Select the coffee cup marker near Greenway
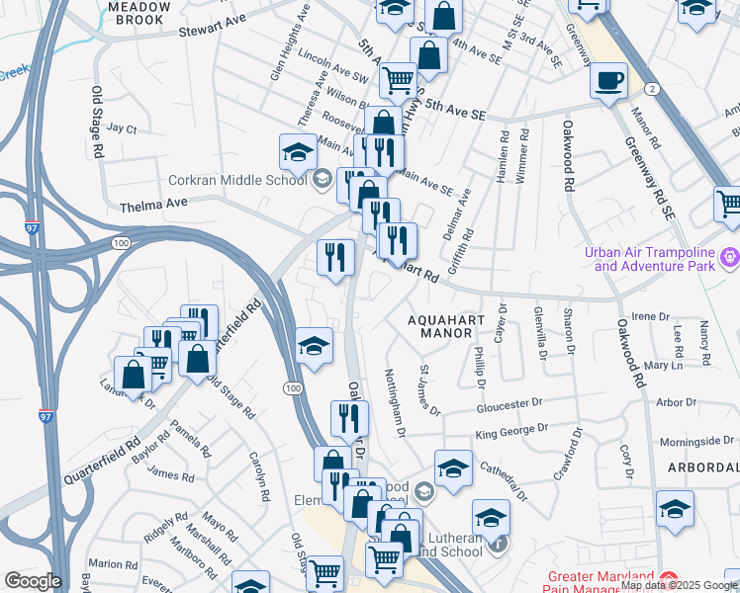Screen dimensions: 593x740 click(x=608, y=79)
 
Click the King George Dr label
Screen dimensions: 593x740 click(x=510, y=431)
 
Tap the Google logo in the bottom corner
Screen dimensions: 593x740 click(x=32, y=581)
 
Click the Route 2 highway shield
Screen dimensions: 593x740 click(x=652, y=89)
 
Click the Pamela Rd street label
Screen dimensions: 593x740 click(x=190, y=437)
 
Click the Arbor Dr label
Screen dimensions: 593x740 click(x=676, y=402)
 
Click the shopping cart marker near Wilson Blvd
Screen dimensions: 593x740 click(x=398, y=79)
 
